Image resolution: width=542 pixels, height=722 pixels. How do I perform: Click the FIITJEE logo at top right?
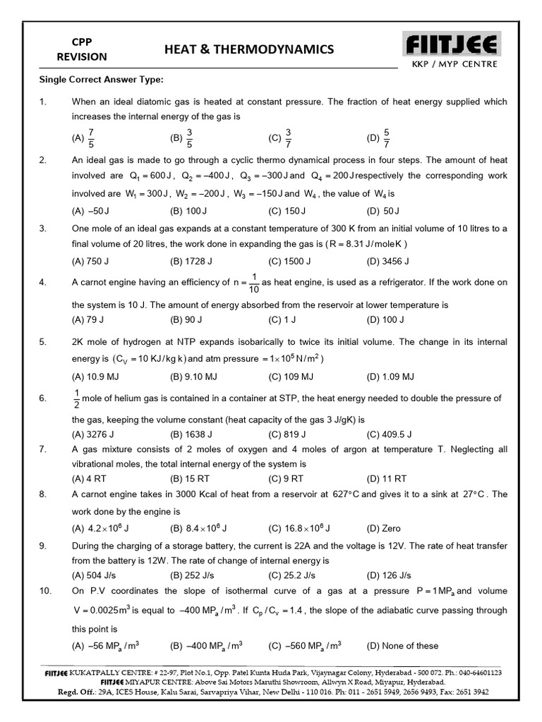452,46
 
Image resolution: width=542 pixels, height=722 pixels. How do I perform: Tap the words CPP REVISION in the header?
83,49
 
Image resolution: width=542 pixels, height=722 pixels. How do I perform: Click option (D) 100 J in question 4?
385,319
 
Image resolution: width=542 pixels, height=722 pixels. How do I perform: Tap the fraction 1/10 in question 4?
254,283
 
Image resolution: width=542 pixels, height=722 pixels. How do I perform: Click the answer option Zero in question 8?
391,528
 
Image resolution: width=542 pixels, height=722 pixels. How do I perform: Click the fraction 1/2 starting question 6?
76,399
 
